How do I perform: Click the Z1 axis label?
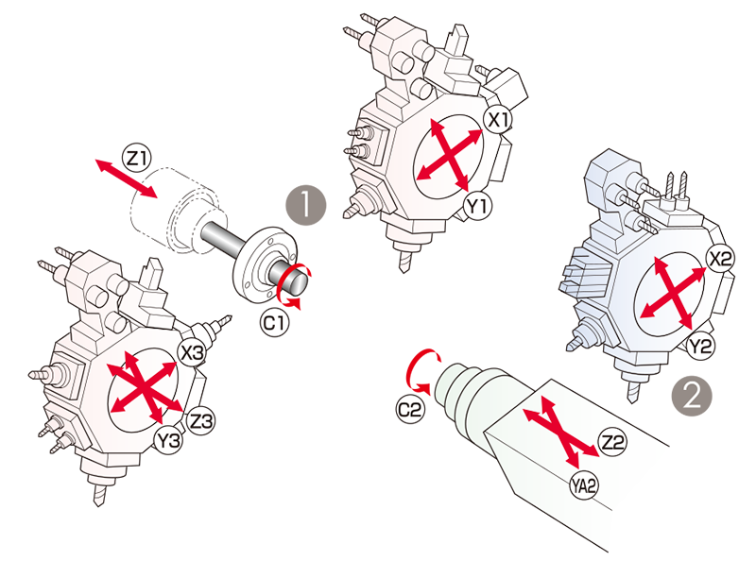[137, 158]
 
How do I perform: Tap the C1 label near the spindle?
[275, 322]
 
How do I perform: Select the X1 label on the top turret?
[498, 119]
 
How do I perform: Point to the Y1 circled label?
[477, 207]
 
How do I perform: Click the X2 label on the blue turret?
[720, 259]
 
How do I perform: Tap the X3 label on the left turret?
[192, 353]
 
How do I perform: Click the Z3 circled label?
[200, 420]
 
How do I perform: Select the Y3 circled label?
[169, 440]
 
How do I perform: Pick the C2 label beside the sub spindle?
[410, 410]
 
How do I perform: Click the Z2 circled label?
[612, 442]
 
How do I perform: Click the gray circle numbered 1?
[306, 205]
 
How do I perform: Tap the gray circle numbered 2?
[692, 397]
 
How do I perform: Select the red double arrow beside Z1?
[127, 178]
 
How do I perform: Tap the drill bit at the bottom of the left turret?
[95, 490]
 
